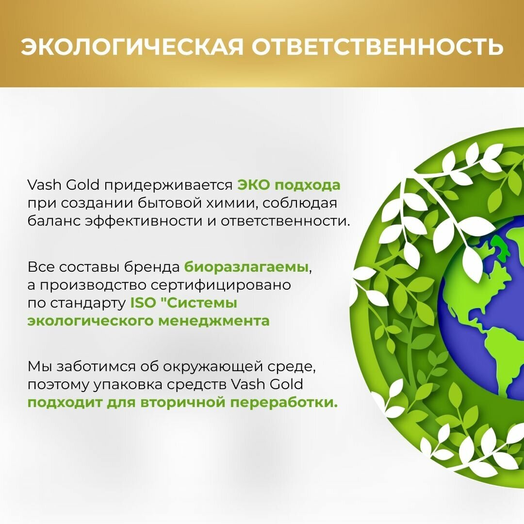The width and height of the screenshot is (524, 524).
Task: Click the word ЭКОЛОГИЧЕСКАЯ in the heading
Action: [x=132, y=46]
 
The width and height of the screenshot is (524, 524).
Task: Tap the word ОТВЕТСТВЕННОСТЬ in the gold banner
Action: [x=377, y=46]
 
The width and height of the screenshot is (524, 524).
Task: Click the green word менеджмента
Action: [x=214, y=321]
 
